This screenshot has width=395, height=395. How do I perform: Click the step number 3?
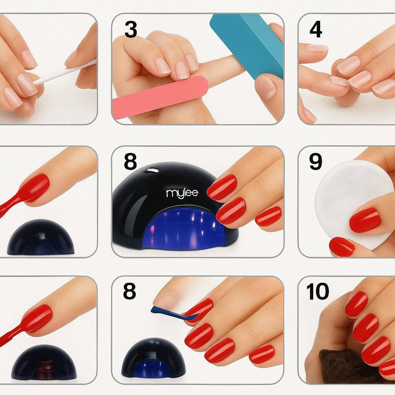131,29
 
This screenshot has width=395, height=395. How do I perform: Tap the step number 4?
316,29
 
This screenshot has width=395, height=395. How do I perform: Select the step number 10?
318,291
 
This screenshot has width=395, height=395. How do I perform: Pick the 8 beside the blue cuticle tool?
130,291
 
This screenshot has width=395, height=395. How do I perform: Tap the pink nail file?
160,97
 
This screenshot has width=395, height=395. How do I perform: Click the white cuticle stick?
65,71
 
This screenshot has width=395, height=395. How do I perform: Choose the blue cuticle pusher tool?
175,314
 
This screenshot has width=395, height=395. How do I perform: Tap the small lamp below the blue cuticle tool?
154,358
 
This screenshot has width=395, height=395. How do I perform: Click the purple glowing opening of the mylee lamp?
184,231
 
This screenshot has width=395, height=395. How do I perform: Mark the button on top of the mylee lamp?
153,170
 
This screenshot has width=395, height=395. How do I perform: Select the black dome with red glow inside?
44,362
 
